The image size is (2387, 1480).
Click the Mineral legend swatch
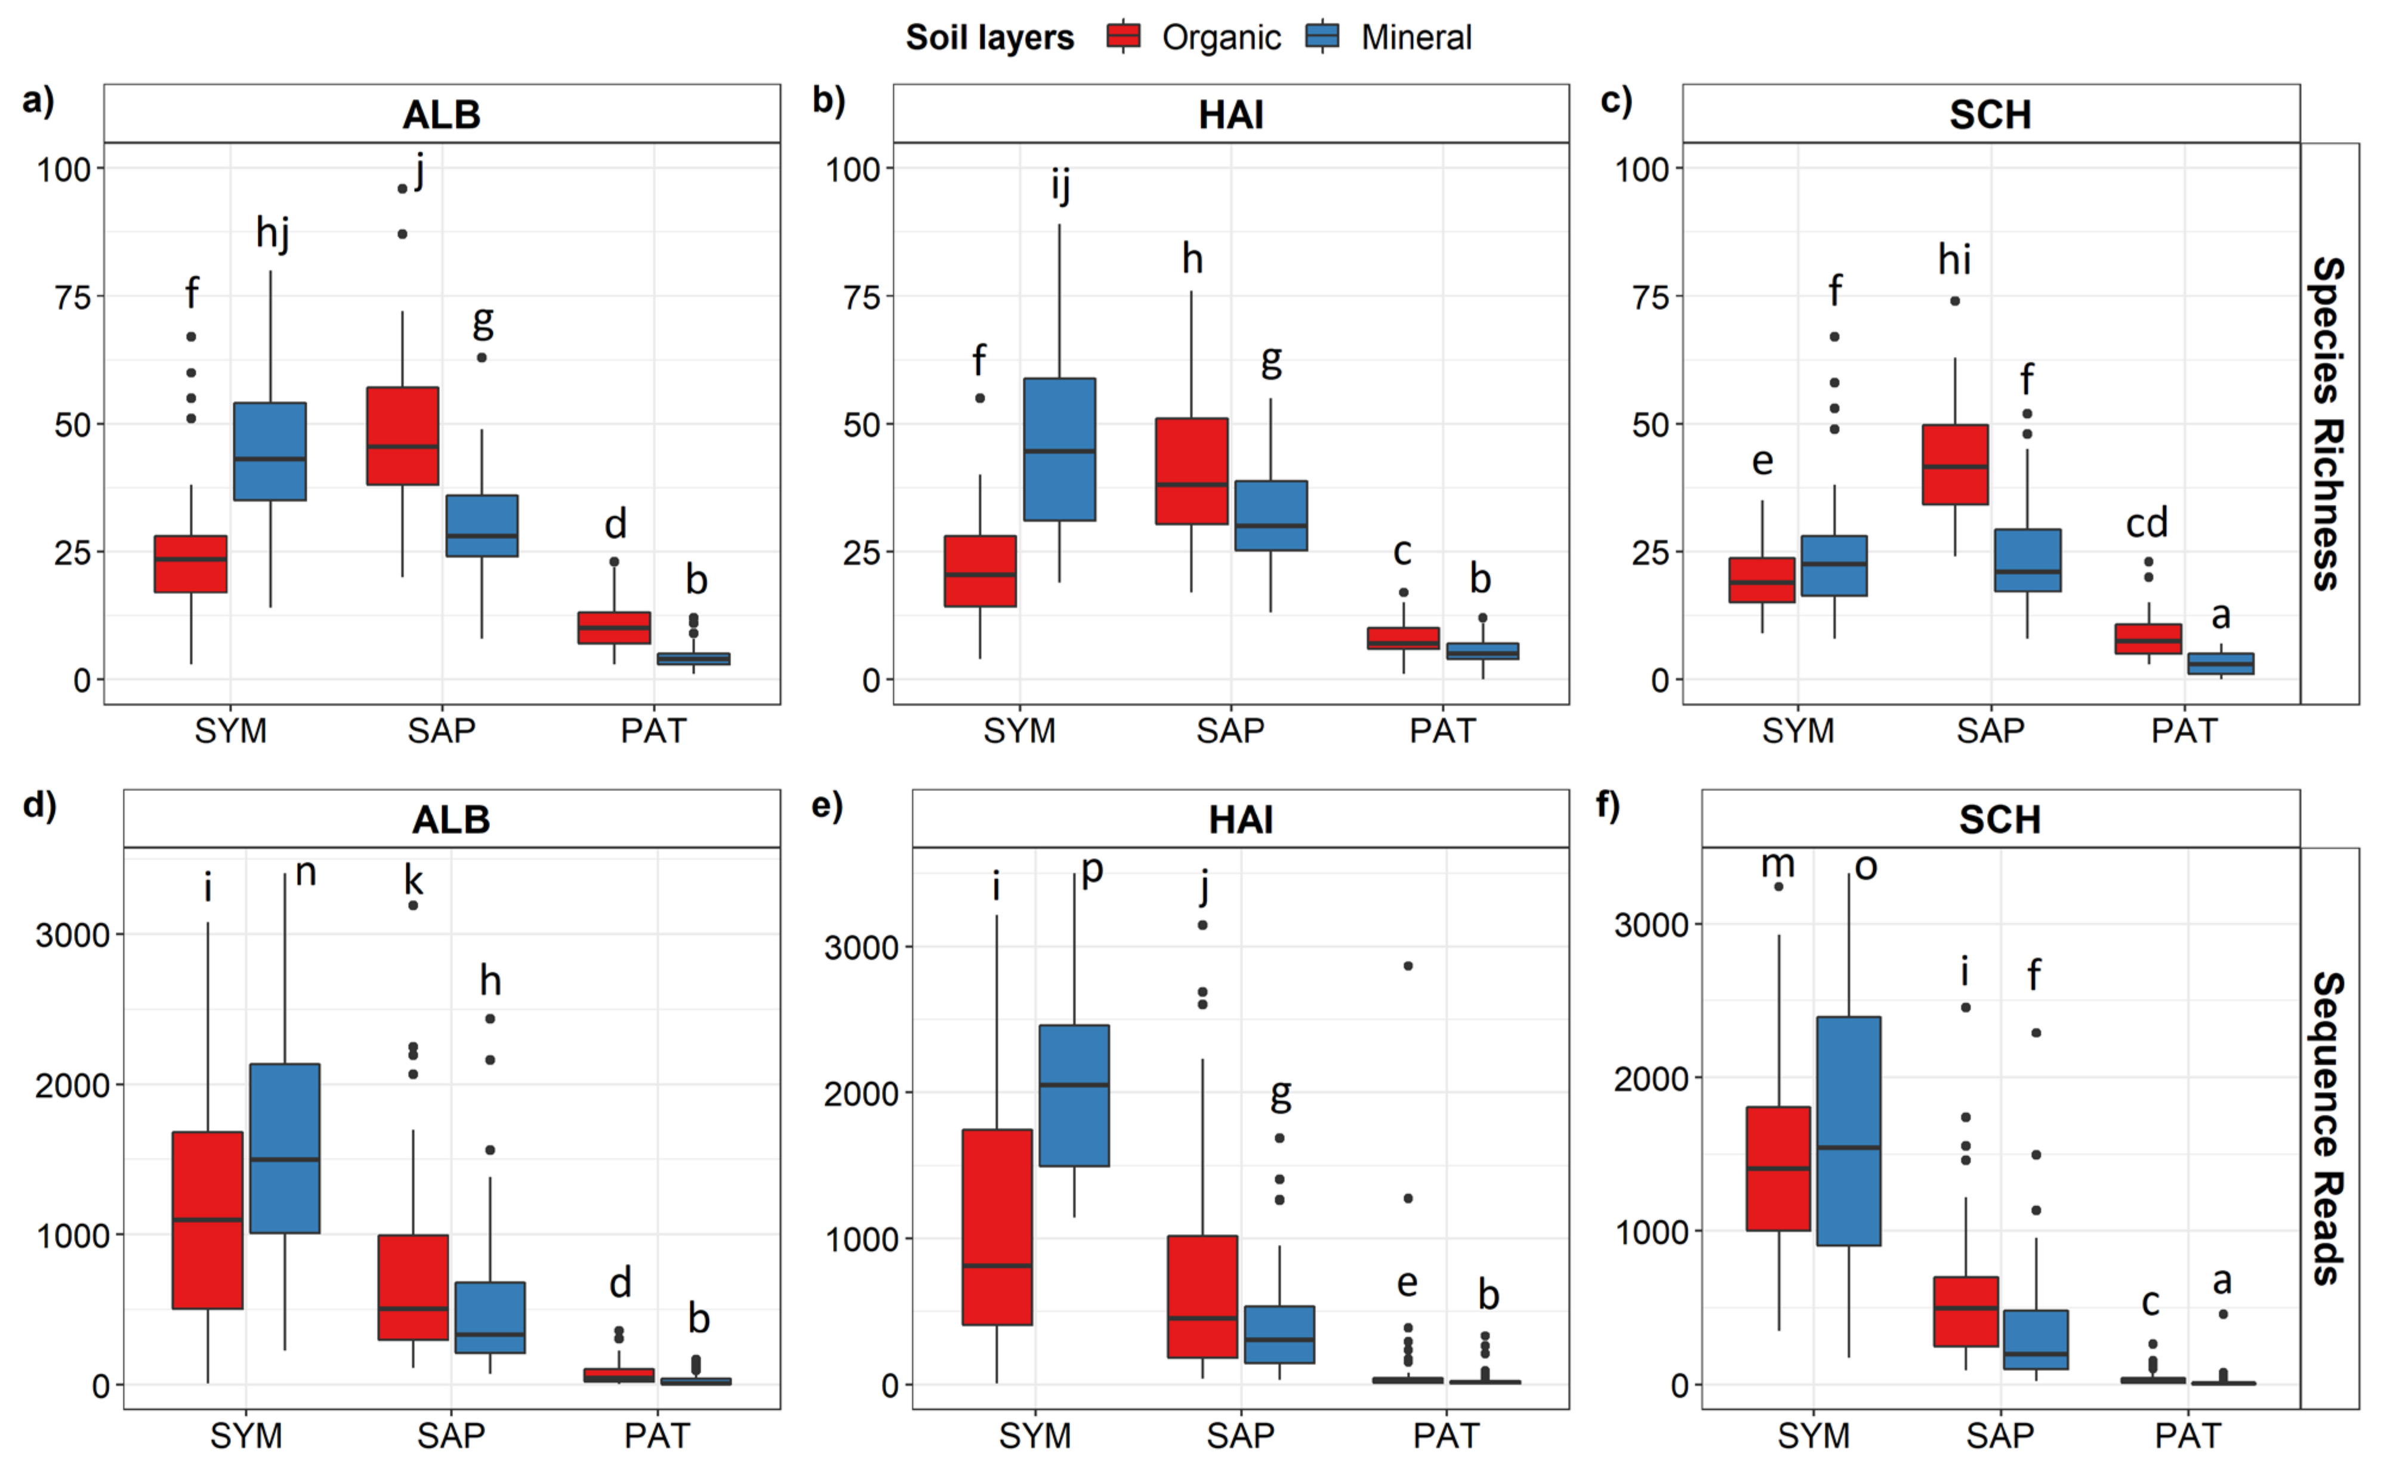[x=1322, y=36]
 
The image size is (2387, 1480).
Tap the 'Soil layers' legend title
[x=989, y=37]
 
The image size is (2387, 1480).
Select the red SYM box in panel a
[x=191, y=564]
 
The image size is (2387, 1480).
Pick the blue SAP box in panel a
[x=482, y=526]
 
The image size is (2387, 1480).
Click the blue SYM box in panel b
[x=1060, y=449]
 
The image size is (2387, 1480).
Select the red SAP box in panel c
[x=1956, y=465]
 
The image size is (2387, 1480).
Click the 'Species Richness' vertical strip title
[x=2329, y=423]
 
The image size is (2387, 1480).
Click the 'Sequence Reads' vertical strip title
[x=2329, y=1128]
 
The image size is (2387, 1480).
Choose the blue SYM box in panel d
[x=285, y=1148]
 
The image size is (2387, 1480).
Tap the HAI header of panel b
[x=1231, y=115]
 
